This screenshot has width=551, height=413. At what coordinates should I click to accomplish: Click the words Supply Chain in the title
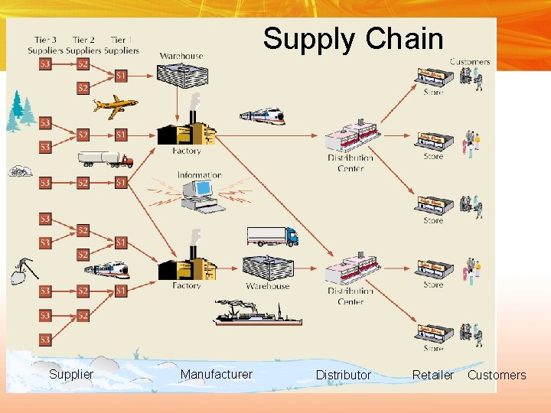click(353, 39)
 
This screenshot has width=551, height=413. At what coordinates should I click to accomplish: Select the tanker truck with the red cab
click(105, 159)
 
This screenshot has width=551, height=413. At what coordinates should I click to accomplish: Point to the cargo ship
click(257, 314)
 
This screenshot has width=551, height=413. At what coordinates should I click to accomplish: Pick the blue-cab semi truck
click(272, 236)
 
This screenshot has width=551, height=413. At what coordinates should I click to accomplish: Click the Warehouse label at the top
click(181, 56)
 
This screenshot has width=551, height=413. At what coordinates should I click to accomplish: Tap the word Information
click(199, 175)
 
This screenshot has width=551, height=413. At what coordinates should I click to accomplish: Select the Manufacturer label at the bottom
click(216, 374)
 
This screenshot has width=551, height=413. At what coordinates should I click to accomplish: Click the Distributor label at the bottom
click(343, 375)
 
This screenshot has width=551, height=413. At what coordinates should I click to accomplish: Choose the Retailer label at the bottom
click(432, 375)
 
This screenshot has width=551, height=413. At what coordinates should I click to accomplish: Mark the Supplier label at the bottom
click(70, 374)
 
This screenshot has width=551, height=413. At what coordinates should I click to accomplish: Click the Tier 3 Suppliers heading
click(45, 45)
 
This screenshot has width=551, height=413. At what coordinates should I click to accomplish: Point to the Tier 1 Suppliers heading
click(122, 45)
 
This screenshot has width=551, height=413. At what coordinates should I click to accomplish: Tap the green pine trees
click(21, 110)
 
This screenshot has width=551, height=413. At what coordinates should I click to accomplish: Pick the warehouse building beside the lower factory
click(267, 268)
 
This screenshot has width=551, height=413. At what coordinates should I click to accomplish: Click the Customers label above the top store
click(469, 62)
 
